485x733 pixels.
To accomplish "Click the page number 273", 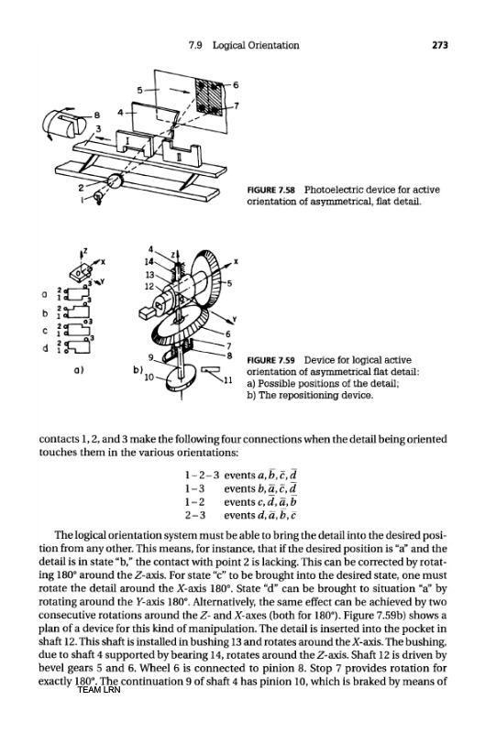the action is (440, 45).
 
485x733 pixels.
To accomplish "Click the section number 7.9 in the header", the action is (194, 45).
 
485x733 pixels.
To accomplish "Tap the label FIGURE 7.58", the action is (271, 190).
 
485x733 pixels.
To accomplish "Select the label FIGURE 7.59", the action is (271, 360).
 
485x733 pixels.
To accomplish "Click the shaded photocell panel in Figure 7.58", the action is (210, 97).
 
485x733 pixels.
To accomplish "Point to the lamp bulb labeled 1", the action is (98, 197).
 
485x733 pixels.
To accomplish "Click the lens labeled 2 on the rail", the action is (115, 180).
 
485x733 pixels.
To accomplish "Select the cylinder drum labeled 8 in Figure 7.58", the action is (64, 123).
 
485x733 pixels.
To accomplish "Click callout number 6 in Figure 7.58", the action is (236, 84).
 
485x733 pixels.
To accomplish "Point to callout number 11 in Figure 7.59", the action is (228, 380).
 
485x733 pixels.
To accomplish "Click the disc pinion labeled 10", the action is (181, 378).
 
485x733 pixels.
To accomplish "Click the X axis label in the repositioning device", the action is (236, 262).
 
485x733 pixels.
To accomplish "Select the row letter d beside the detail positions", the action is (45, 348).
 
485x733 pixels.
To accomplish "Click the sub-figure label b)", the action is (138, 369).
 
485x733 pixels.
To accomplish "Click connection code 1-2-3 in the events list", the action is (203, 475).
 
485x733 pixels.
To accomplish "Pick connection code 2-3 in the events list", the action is (195, 515).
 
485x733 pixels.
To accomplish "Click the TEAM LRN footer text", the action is (99, 690).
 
